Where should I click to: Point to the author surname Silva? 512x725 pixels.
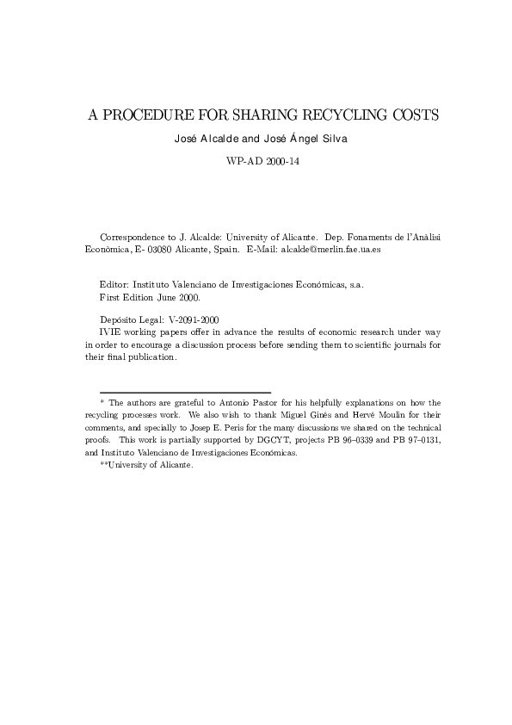(x=332, y=138)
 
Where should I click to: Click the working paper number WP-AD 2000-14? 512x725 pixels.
(x=256, y=160)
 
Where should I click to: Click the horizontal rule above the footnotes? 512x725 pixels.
(x=185, y=392)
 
